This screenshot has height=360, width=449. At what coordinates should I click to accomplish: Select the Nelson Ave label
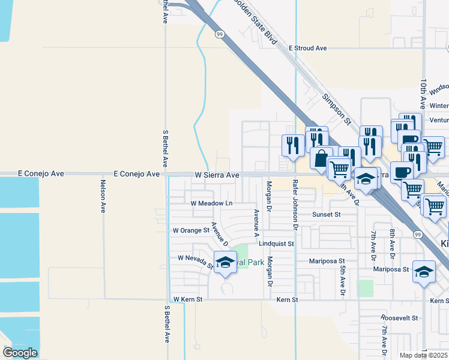[x=103, y=196]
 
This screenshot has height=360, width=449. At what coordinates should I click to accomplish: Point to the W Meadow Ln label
[x=211, y=203]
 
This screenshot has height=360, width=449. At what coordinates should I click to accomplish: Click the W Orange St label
[x=190, y=230]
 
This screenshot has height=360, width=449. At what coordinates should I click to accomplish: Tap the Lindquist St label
[x=276, y=244]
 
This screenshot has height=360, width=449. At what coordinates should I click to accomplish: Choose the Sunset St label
[x=326, y=214]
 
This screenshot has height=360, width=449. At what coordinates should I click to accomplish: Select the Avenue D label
[x=219, y=234]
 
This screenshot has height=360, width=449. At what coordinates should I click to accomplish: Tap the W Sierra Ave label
[x=217, y=175]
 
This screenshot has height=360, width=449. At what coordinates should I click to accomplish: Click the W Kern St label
[x=188, y=299]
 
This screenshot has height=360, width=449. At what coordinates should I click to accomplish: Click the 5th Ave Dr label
[x=342, y=281]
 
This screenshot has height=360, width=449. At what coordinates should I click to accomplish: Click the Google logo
[x=20, y=353]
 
